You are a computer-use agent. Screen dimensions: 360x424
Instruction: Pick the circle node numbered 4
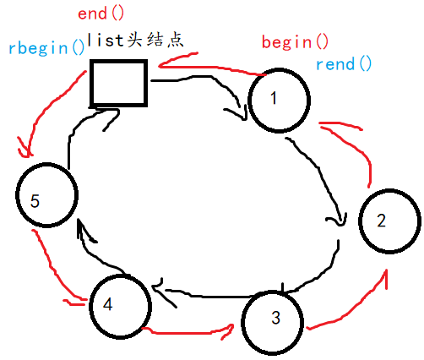point(117,304)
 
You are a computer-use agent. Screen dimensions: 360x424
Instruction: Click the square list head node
point(118,85)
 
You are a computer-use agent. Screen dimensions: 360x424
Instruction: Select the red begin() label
point(296,41)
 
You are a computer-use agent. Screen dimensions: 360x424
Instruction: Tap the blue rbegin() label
point(46,47)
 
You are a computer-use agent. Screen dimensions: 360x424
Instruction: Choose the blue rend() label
point(343,63)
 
